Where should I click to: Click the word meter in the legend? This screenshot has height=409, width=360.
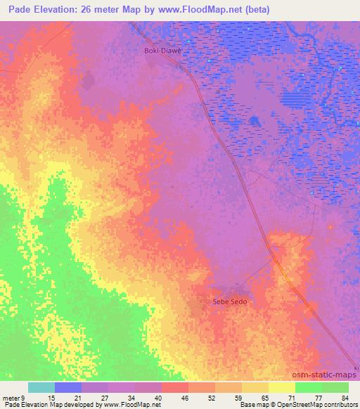[x=11, y=397]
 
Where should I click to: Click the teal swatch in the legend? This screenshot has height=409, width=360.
[x=41, y=387]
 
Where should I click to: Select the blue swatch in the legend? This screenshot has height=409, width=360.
[x=68, y=387]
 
